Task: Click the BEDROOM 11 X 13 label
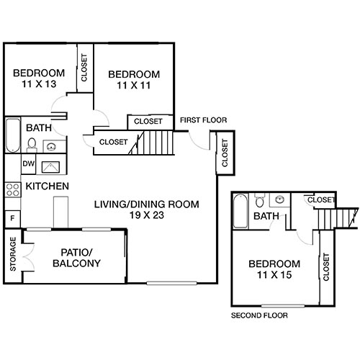point(40,78)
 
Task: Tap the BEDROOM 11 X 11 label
point(134,80)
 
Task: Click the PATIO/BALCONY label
point(77,258)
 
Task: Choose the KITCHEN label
point(48,187)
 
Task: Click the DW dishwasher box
point(29,165)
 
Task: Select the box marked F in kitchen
point(12,217)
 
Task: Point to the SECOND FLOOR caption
point(259,316)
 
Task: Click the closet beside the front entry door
point(225,153)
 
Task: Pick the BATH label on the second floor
point(268,216)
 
